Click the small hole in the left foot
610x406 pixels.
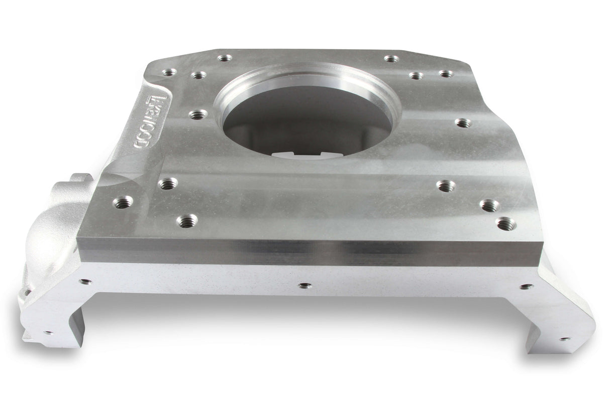48,332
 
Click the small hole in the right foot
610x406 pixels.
565,339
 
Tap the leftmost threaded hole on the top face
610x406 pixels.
122,203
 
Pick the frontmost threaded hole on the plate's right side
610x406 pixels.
505,222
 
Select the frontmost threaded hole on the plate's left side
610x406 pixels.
187,220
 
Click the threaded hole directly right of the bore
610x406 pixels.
463,123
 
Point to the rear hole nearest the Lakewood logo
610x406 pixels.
170,73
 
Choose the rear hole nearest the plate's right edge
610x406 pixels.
445,74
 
